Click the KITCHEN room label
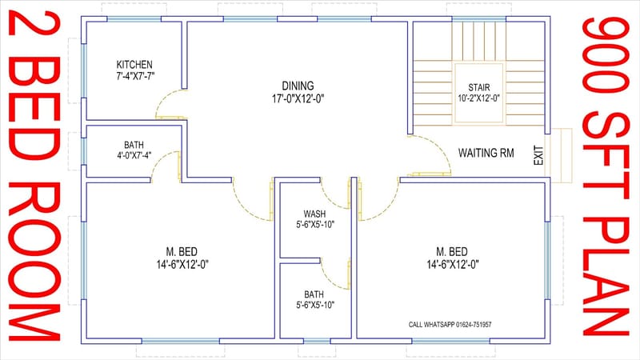pos(134,65)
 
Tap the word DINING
pos(297,86)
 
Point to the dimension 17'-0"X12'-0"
pos(297,98)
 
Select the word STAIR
pos(478,88)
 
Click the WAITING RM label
pos(486,152)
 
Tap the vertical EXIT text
pos(538,155)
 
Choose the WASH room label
pos(314,214)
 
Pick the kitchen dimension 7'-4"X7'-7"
pos(134,76)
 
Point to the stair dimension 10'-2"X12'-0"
pos(478,98)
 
